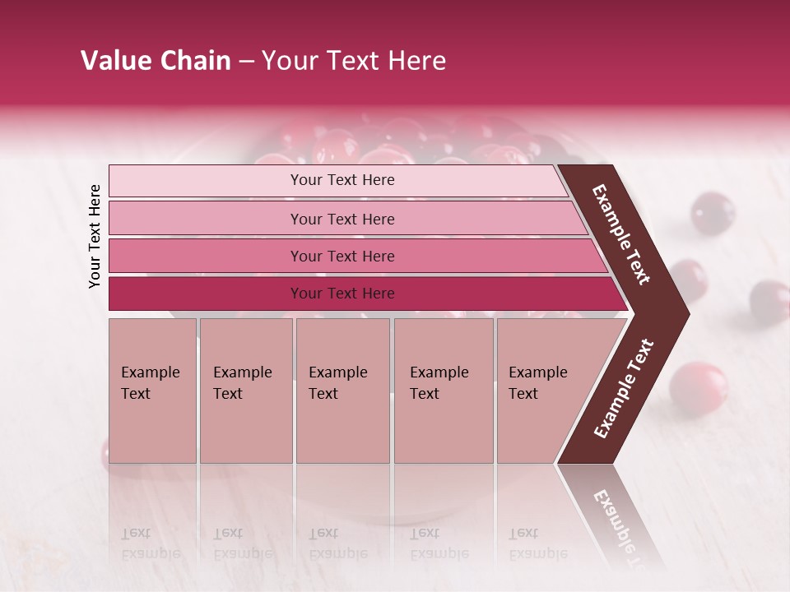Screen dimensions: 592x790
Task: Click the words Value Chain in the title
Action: pyautogui.click(x=156, y=61)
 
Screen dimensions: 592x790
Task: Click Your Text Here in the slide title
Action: pyautogui.click(x=354, y=61)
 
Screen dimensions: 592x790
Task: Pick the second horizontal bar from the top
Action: pyautogui.click(x=342, y=219)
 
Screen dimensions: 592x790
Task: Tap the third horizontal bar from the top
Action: pyautogui.click(x=342, y=256)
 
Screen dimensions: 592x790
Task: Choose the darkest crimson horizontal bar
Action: pyautogui.click(x=342, y=294)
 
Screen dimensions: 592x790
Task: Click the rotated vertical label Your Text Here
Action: pyautogui.click(x=95, y=236)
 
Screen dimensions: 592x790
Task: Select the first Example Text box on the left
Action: pyautogui.click(x=152, y=390)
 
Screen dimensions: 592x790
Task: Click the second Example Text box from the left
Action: pyautogui.click(x=245, y=390)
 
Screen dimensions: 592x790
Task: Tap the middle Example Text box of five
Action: pyautogui.click(x=342, y=390)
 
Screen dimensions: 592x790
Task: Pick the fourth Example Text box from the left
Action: pyautogui.click(x=443, y=390)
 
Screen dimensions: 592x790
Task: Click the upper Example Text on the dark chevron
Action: pyautogui.click(x=621, y=234)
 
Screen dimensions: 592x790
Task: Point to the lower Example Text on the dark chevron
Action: pyautogui.click(x=624, y=388)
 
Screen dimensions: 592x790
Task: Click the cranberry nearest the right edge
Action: pyautogui.click(x=769, y=302)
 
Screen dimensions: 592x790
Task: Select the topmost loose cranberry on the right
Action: pyautogui.click(x=713, y=213)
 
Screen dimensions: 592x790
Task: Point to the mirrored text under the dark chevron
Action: pyautogui.click(x=613, y=518)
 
